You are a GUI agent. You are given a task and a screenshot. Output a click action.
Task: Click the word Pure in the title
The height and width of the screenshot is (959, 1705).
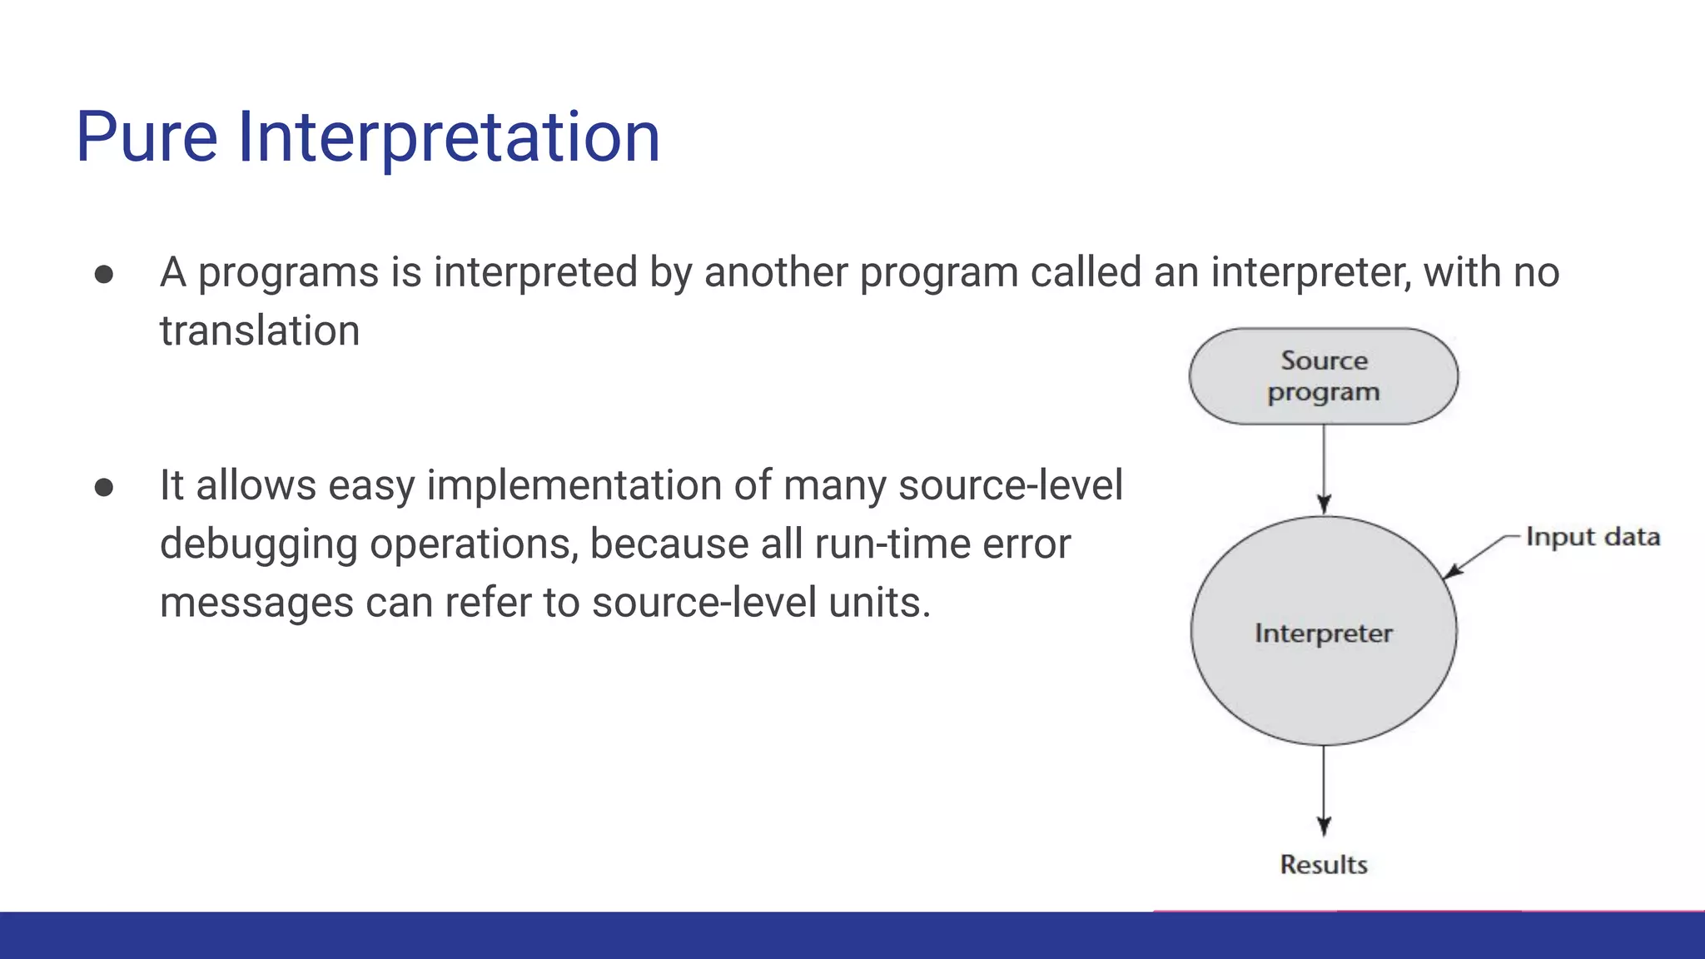click(147, 137)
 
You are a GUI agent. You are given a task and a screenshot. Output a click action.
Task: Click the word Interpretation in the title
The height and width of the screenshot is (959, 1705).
click(449, 137)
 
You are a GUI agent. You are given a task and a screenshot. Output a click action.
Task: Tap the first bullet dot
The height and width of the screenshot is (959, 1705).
click(104, 275)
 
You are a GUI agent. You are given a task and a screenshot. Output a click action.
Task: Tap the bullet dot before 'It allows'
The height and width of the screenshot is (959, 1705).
click(104, 487)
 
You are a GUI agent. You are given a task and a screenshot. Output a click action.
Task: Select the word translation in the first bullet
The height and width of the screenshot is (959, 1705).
click(260, 331)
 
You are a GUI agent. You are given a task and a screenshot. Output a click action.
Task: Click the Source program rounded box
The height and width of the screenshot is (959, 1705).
click(1323, 376)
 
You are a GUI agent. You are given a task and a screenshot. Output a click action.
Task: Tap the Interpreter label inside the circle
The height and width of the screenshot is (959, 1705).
click(1323, 634)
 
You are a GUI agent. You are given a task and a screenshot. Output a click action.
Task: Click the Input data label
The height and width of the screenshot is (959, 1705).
click(1593, 537)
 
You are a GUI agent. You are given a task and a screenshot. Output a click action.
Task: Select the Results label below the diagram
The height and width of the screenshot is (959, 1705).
click(1323, 865)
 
